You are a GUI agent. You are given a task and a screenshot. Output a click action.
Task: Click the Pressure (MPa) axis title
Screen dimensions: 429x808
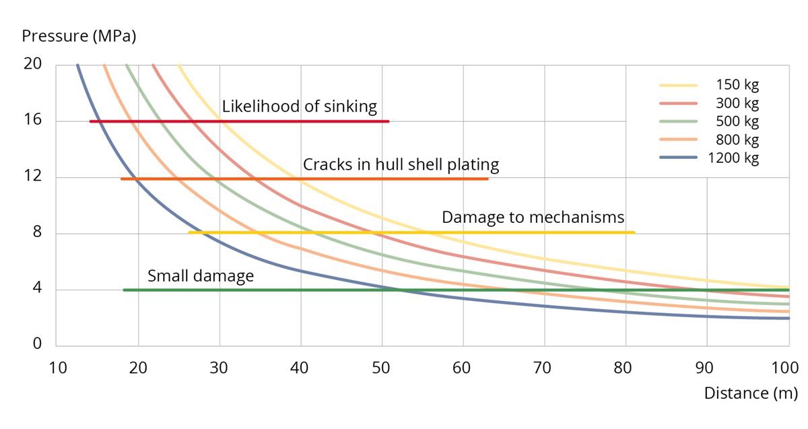[x=79, y=36]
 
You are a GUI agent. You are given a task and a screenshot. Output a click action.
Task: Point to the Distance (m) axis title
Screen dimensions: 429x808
[x=750, y=393]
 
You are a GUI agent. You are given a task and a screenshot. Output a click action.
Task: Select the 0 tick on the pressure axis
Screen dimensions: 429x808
[x=38, y=344]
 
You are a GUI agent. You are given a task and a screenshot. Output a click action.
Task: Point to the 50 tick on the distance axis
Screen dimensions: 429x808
[x=382, y=368]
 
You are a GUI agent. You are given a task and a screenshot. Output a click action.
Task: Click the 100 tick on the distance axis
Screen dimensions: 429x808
[x=785, y=368]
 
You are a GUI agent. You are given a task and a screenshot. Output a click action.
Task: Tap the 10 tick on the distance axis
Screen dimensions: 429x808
[x=57, y=368]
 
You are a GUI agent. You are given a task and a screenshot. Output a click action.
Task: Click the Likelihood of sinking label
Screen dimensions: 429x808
[x=300, y=107]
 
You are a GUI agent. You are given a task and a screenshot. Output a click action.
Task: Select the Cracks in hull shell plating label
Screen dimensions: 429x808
[x=401, y=164]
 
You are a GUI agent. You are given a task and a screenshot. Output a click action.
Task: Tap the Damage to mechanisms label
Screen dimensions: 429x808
[x=533, y=218]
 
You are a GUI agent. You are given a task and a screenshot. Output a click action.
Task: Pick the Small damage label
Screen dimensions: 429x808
[x=201, y=275]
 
